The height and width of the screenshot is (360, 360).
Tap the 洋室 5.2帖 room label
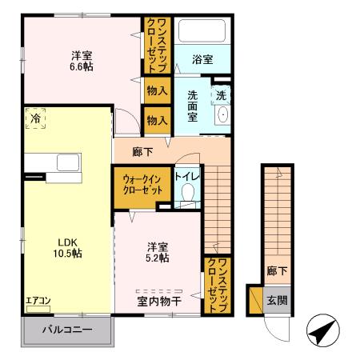pyautogui.click(x=157, y=252)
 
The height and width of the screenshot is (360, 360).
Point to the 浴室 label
pyautogui.click(x=202, y=59)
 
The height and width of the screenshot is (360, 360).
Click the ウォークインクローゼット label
pyautogui.click(x=142, y=186)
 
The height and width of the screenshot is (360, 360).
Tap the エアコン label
pyautogui.click(x=38, y=302)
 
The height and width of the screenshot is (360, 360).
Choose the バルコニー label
pyautogui.click(x=67, y=330)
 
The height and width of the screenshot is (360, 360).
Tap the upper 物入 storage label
pyautogui.click(x=157, y=91)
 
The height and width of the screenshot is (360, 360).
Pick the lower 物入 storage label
pyautogui.click(x=157, y=120)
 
